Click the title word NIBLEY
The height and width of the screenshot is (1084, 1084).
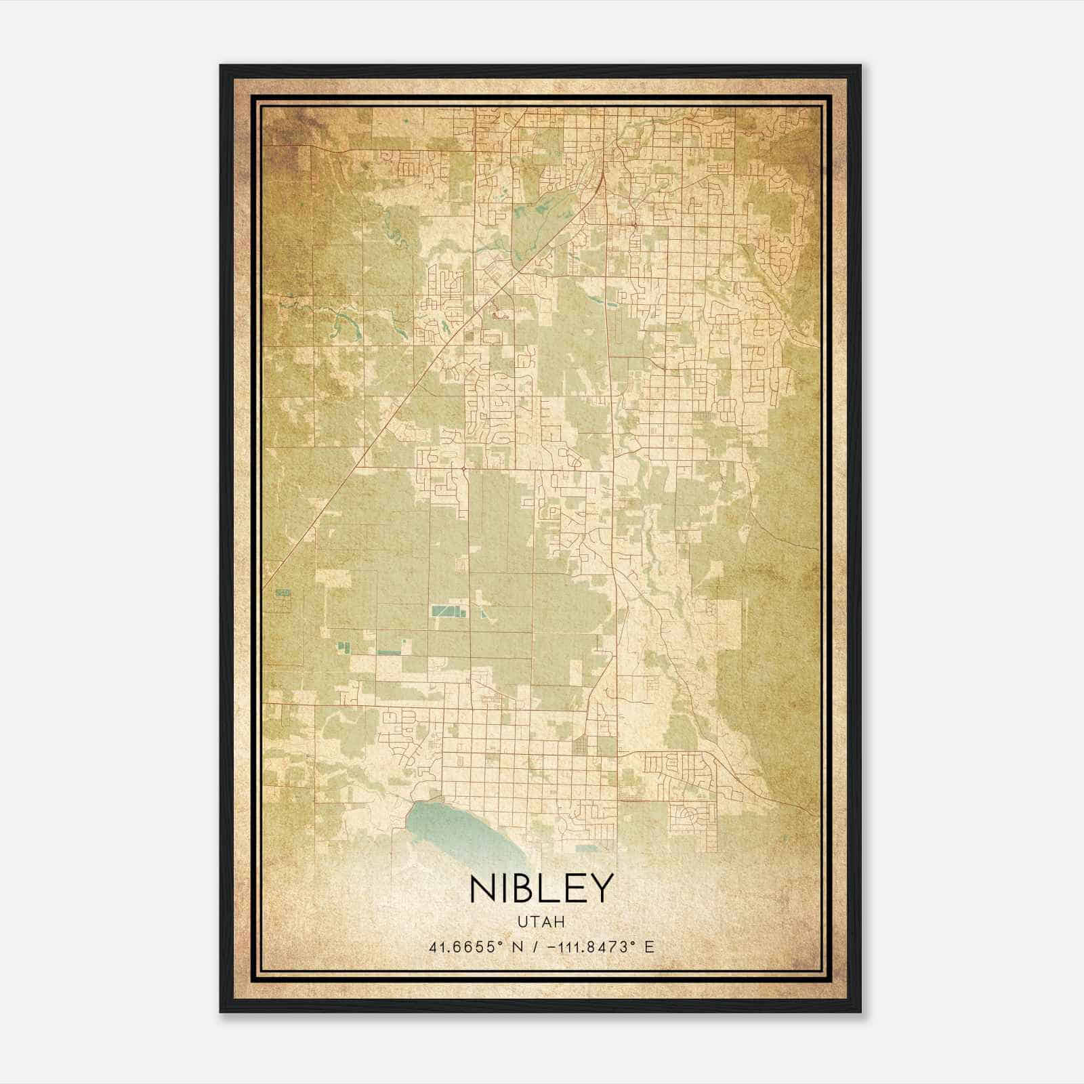540,888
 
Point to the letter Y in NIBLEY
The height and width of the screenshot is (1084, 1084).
602,888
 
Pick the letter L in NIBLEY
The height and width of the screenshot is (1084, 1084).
554,888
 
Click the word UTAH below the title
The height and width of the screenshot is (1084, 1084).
541,921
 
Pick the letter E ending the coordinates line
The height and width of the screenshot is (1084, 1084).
649,947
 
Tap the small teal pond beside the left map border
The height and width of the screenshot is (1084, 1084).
283,593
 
